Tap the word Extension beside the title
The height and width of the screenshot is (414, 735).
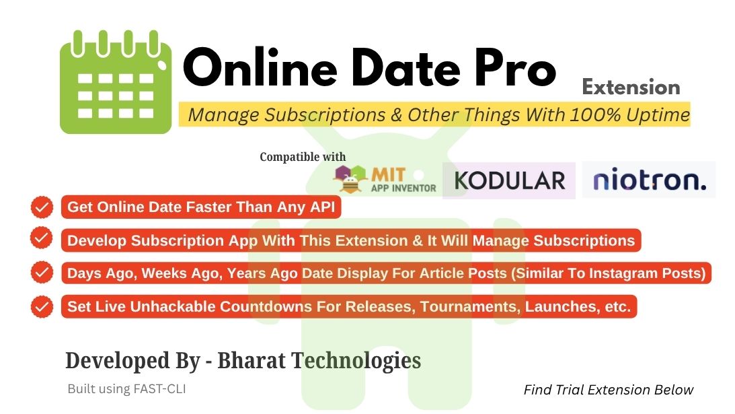(631, 88)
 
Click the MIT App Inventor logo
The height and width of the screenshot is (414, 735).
(385, 179)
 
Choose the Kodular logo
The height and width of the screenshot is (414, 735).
(510, 180)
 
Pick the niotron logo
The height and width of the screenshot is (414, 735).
(649, 180)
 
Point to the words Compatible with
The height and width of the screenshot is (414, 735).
(303, 157)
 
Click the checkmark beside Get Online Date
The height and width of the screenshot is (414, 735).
(42, 207)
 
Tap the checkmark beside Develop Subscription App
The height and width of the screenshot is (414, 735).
(42, 238)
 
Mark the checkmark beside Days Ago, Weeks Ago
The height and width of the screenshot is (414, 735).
(42, 272)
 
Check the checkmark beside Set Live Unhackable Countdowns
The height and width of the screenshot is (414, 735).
(42, 306)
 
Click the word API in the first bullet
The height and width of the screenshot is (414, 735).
(323, 207)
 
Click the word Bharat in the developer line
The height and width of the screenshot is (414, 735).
(252, 361)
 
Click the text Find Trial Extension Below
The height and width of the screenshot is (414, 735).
(609, 390)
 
